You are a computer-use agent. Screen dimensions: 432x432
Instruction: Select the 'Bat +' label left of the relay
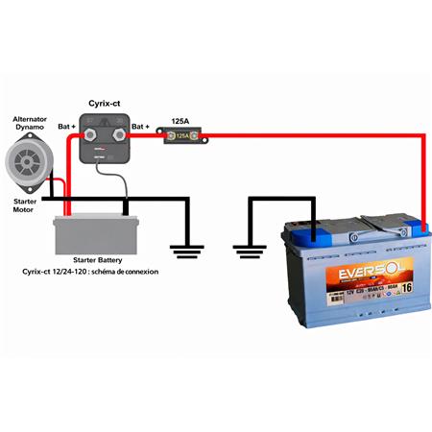pos(67,126)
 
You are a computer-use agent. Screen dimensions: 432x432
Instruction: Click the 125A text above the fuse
pos(180,122)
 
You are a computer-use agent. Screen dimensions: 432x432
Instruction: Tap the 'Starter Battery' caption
pos(96,260)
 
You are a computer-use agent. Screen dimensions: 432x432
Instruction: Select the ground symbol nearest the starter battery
pos(186,252)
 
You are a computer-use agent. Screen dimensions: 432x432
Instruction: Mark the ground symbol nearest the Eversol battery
pos(249,252)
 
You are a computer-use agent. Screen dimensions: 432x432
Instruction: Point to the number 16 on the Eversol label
pos(406,286)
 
